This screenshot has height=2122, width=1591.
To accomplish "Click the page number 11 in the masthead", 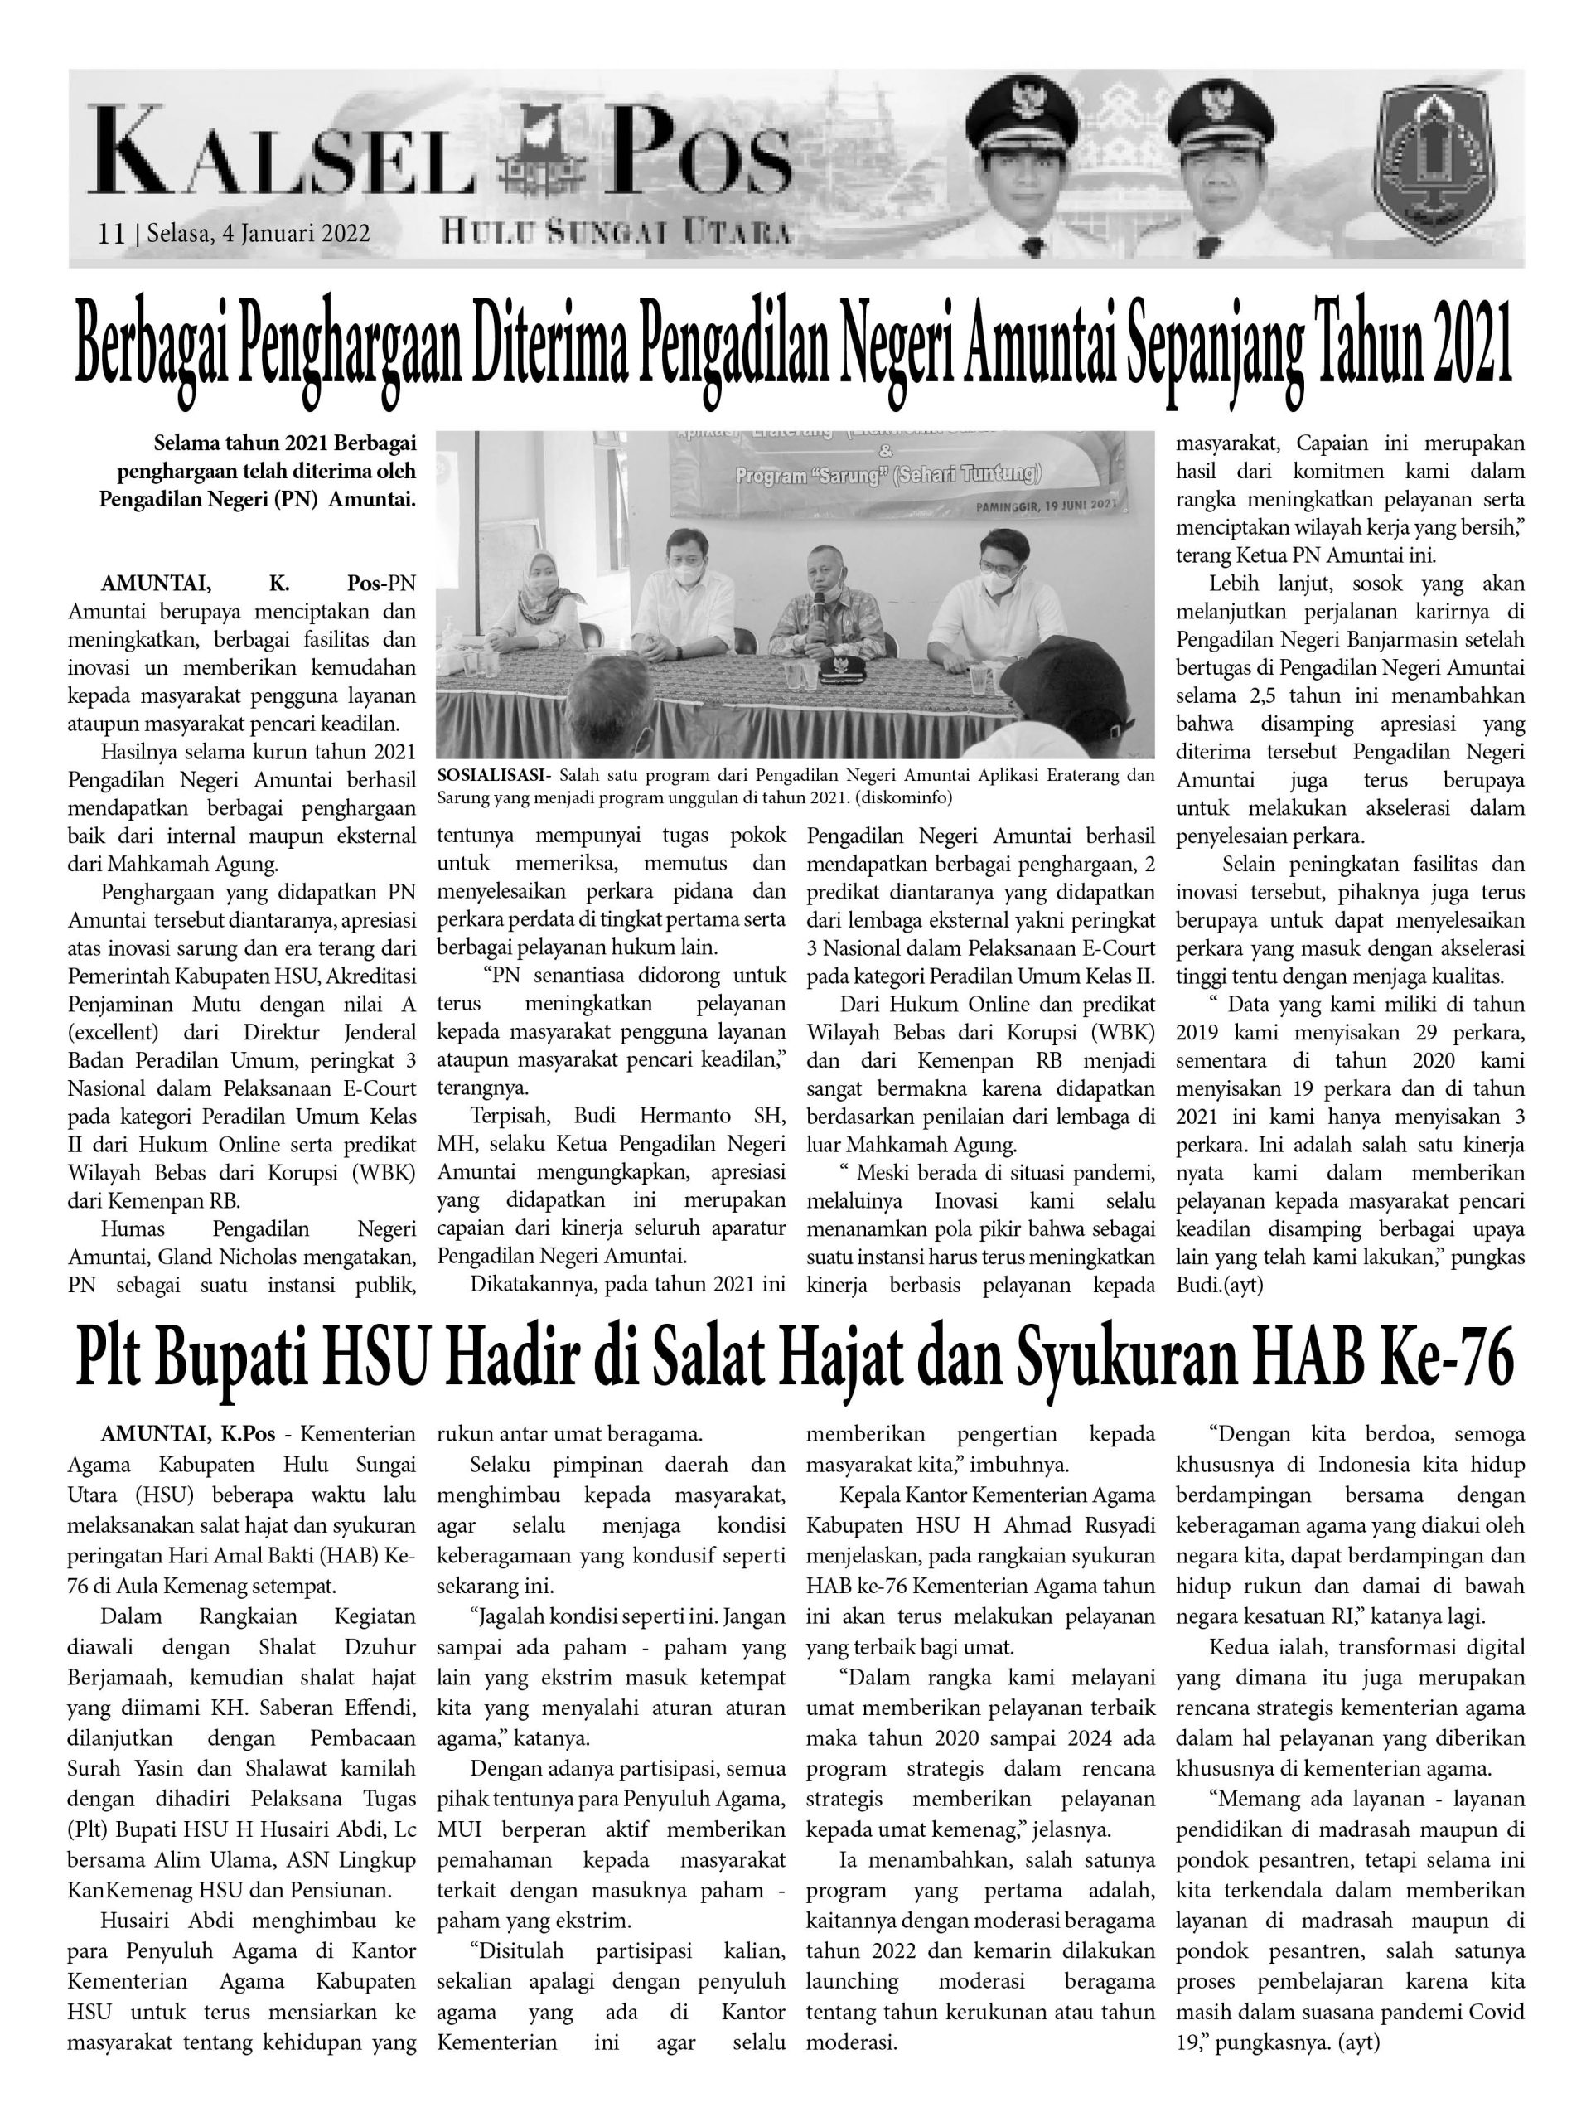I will (x=111, y=234).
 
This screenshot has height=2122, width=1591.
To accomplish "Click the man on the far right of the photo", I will (x=998, y=604).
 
